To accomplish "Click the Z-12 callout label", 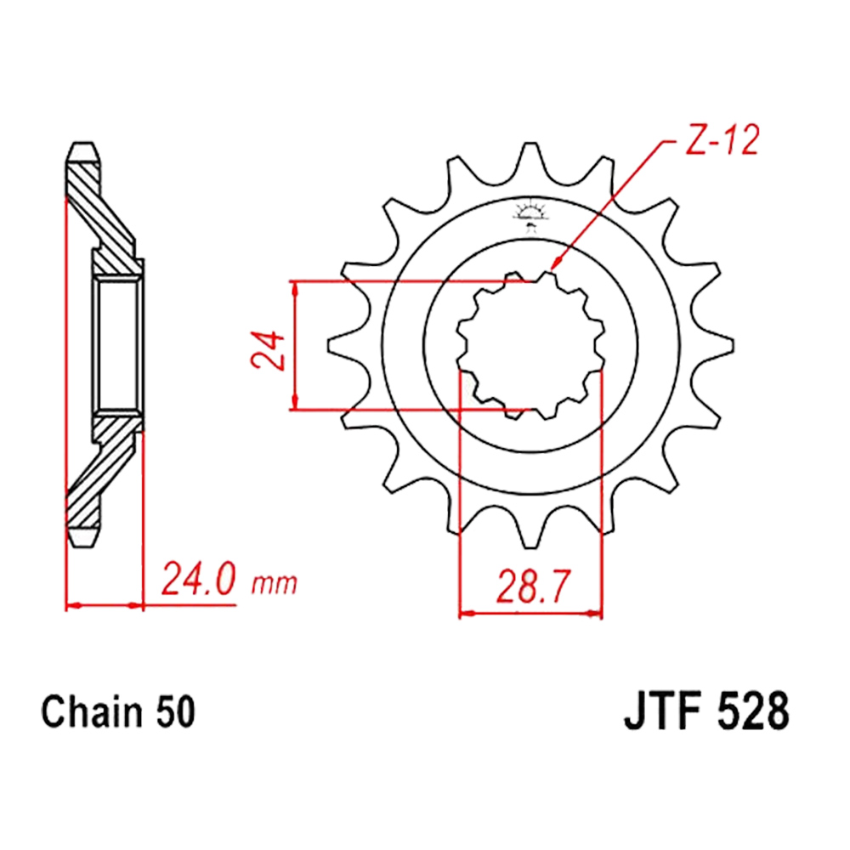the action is tap(722, 141).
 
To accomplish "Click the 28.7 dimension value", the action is tap(534, 587).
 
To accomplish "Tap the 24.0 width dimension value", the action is tap(198, 579).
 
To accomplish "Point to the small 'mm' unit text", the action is tap(275, 584).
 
